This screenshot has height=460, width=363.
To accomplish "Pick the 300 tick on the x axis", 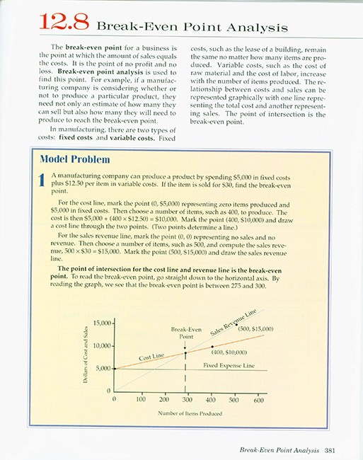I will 186,400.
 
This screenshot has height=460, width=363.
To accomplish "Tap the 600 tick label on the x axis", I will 258,400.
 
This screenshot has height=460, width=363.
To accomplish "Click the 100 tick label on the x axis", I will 138,400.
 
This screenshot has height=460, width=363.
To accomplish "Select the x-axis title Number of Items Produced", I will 186,412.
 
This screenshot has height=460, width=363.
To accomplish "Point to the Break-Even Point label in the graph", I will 186,333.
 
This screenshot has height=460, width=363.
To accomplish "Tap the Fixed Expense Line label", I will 229,365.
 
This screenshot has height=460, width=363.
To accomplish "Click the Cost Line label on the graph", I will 151,357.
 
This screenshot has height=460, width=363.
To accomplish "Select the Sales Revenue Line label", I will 240,317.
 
